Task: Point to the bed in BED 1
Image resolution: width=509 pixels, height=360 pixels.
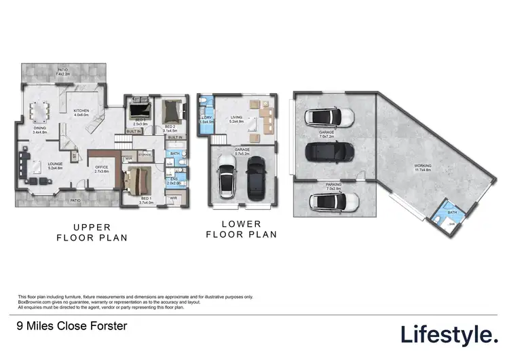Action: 136,181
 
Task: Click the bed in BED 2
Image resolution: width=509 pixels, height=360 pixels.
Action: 170,109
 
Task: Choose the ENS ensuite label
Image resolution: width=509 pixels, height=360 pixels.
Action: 173,180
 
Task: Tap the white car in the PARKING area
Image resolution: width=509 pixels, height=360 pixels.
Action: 333,202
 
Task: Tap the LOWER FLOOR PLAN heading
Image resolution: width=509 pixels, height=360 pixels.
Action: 241,229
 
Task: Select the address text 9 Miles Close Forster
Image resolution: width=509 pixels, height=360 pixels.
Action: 71,327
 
